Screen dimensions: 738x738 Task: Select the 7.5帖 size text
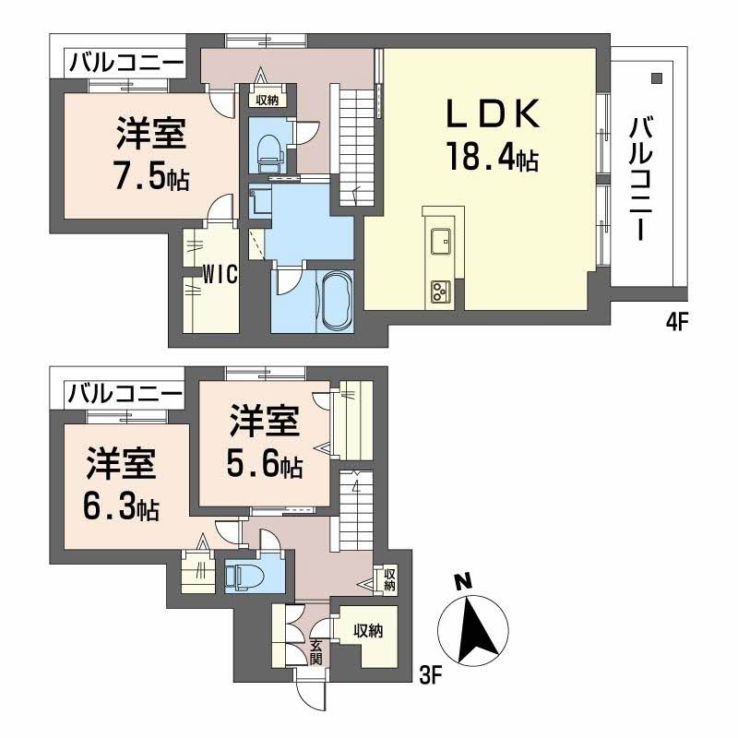point(152,175)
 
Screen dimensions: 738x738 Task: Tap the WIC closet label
point(222,274)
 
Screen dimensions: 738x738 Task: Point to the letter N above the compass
point(464,581)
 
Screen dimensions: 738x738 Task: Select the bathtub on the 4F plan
point(335,299)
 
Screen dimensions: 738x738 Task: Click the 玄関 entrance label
point(316,651)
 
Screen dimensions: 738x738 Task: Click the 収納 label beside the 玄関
point(368,632)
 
